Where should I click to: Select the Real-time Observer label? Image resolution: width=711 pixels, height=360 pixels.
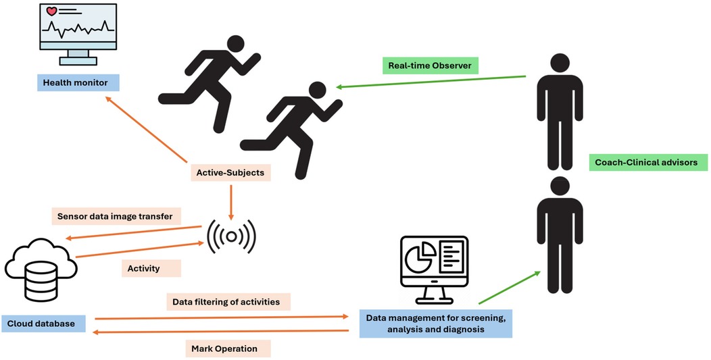pyautogui.click(x=429, y=66)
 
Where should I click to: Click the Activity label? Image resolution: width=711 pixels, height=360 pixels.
pyautogui.click(x=143, y=268)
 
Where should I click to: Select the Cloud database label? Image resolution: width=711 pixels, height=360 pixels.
pyautogui.click(x=44, y=323)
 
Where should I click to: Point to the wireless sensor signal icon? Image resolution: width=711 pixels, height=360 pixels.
pyautogui.click(x=231, y=236)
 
